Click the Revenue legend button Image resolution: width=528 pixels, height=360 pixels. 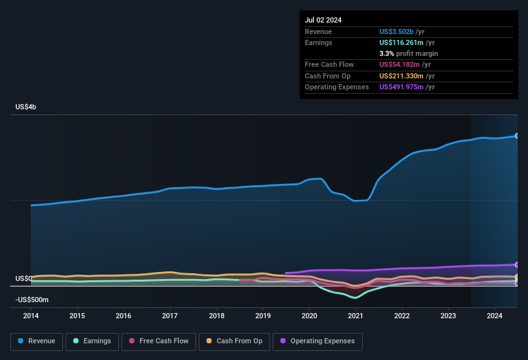click(x=36, y=341)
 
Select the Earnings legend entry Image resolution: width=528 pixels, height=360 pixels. click(x=91, y=341)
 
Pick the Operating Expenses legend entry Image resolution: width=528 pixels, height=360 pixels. click(x=318, y=341)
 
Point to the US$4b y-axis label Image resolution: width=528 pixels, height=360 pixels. click(x=26, y=107)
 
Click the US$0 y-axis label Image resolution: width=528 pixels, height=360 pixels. click(x=24, y=278)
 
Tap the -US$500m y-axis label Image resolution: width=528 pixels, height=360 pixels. click(x=32, y=300)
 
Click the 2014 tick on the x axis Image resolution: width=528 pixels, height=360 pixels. click(x=31, y=316)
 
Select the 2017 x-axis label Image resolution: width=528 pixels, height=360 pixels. click(x=170, y=316)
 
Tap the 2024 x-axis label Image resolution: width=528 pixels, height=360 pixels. click(x=495, y=316)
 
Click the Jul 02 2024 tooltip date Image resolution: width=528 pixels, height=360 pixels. click(x=323, y=20)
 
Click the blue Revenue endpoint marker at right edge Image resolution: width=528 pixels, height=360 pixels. click(x=517, y=136)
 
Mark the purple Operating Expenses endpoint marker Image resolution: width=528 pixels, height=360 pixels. click(x=517, y=264)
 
